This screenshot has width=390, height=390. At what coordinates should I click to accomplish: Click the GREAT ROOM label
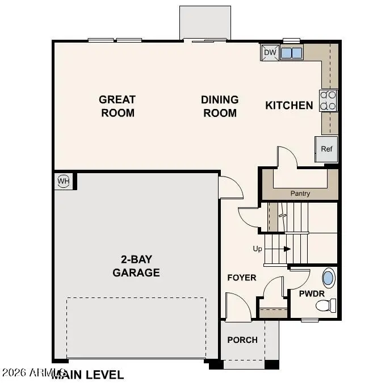(118, 106)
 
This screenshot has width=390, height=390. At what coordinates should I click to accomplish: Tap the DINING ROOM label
(220, 106)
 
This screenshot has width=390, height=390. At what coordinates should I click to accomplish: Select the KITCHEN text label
(289, 105)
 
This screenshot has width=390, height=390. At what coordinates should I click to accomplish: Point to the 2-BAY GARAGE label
(136, 266)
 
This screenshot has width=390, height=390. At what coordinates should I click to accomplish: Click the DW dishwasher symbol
(270, 53)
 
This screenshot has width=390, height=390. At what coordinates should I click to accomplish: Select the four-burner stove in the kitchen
(329, 100)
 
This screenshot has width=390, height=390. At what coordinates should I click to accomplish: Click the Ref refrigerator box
(326, 149)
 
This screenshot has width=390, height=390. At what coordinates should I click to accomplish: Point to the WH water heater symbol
(63, 182)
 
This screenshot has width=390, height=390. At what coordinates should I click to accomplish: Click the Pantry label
(300, 194)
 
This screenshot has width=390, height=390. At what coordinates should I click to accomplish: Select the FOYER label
(242, 278)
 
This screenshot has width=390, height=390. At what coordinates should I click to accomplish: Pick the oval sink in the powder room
(328, 278)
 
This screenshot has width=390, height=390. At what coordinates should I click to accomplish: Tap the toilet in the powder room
(324, 307)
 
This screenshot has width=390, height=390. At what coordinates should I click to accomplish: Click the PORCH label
(242, 340)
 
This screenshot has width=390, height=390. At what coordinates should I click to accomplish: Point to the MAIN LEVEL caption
(88, 375)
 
